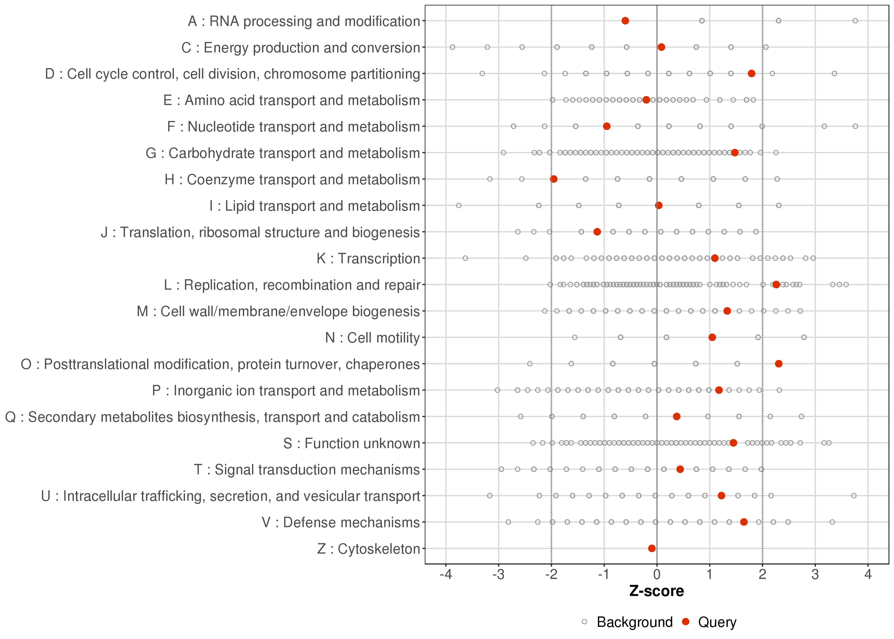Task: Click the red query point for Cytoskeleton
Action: [651, 548]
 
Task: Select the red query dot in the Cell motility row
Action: [712, 337]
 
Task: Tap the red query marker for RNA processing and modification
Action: [625, 20]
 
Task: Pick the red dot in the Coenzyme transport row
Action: [554, 179]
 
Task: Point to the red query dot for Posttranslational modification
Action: [778, 364]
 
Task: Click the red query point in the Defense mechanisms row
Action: [744, 522]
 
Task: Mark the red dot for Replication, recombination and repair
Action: [776, 285]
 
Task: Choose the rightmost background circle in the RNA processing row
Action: [855, 20]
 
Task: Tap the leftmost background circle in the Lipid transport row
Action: [458, 205]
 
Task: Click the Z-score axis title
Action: [656, 591]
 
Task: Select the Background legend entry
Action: [634, 622]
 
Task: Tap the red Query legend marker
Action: [686, 622]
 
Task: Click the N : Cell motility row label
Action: [372, 338]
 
